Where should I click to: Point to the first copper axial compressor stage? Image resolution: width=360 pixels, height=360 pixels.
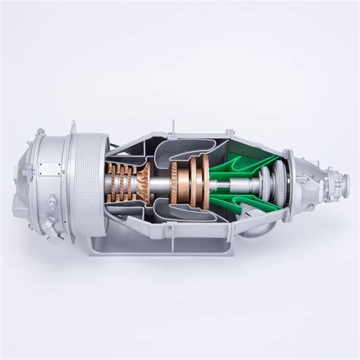click(113, 181)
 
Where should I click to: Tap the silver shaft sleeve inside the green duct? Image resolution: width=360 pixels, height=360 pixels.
click(247, 182)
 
